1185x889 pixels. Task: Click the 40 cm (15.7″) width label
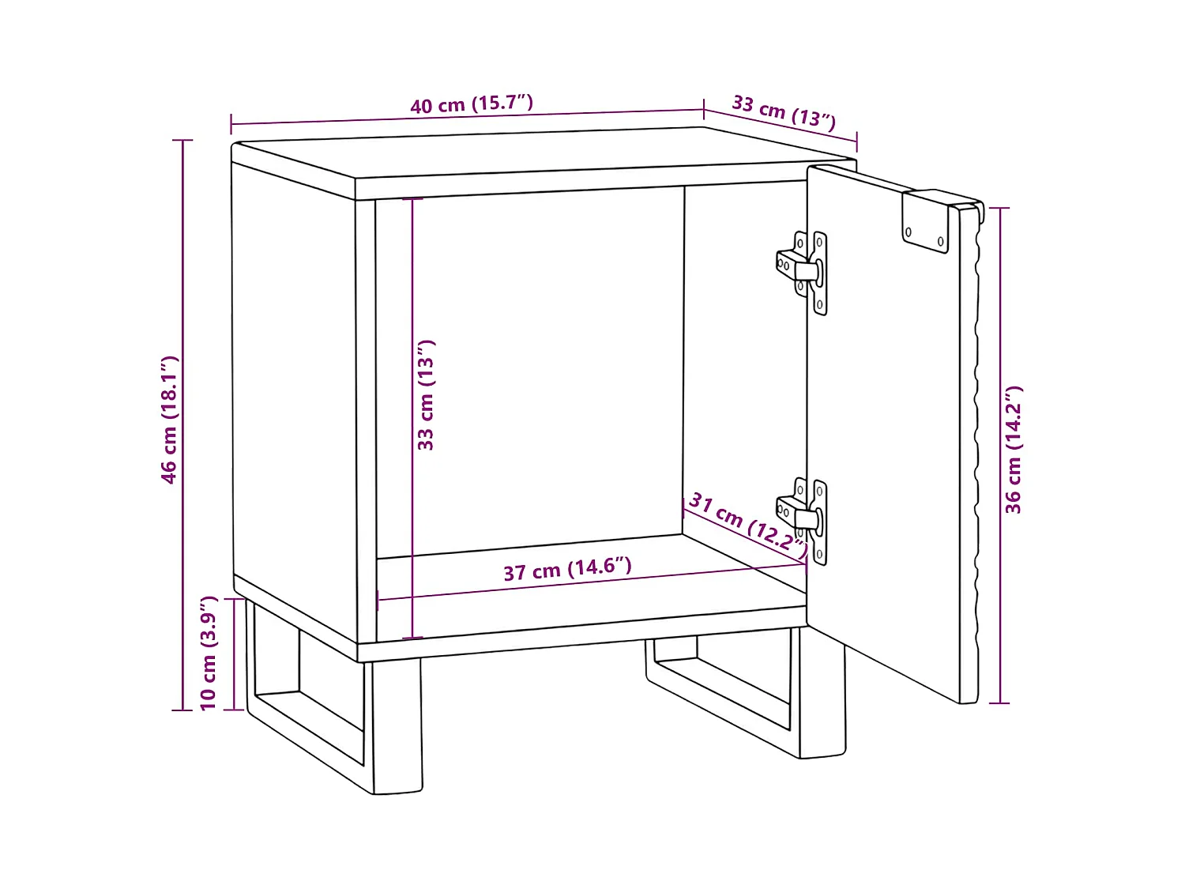click(x=472, y=104)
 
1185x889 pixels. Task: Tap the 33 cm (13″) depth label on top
click(x=784, y=113)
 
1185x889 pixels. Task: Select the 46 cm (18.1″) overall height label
click(x=169, y=420)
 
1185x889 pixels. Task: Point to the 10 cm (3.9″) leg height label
click(x=209, y=654)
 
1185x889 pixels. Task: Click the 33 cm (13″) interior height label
click(x=425, y=395)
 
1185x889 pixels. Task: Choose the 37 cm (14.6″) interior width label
click(x=567, y=569)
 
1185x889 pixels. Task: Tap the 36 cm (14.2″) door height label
click(x=1014, y=450)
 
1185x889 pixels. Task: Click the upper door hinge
click(x=802, y=273)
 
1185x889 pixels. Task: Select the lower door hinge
click(x=802, y=521)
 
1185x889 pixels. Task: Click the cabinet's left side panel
click(x=294, y=399)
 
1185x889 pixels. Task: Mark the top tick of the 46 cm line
click(x=182, y=141)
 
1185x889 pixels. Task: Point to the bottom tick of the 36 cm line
click(x=999, y=703)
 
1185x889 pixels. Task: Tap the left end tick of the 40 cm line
click(x=231, y=124)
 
